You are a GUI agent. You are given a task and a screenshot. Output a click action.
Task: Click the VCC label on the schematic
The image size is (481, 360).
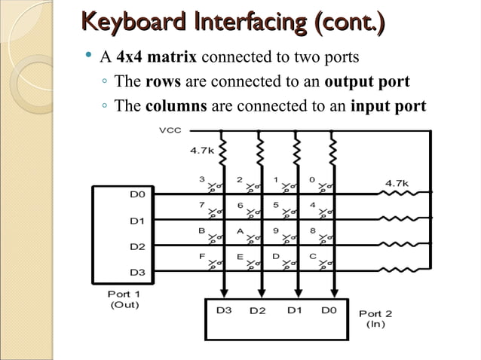pyautogui.click(x=170, y=130)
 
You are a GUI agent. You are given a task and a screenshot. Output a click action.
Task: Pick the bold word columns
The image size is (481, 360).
pyautogui.click(x=176, y=105)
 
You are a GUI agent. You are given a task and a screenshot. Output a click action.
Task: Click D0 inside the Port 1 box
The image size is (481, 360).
pyautogui.click(x=138, y=194)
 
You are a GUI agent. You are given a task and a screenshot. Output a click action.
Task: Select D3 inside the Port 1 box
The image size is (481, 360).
pyautogui.click(x=138, y=271)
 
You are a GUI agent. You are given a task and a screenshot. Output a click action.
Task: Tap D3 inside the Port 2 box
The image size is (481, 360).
pyautogui.click(x=224, y=310)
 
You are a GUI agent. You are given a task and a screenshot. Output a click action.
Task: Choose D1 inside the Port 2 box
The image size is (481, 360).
pyautogui.click(x=295, y=310)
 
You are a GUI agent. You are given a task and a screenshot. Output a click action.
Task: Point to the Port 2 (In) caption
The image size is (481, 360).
pyautogui.click(x=375, y=319)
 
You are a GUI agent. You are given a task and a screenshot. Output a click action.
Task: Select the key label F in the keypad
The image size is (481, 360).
pyautogui.click(x=203, y=256)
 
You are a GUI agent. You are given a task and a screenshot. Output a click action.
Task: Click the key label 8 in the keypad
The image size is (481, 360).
pyautogui.click(x=312, y=230)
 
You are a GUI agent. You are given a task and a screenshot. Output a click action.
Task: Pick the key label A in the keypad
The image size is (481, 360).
pyautogui.click(x=240, y=230)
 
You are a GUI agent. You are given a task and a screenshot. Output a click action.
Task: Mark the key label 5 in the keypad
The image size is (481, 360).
pyautogui.click(x=276, y=204)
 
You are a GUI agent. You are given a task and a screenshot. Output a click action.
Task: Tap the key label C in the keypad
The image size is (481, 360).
pyautogui.click(x=312, y=256)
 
